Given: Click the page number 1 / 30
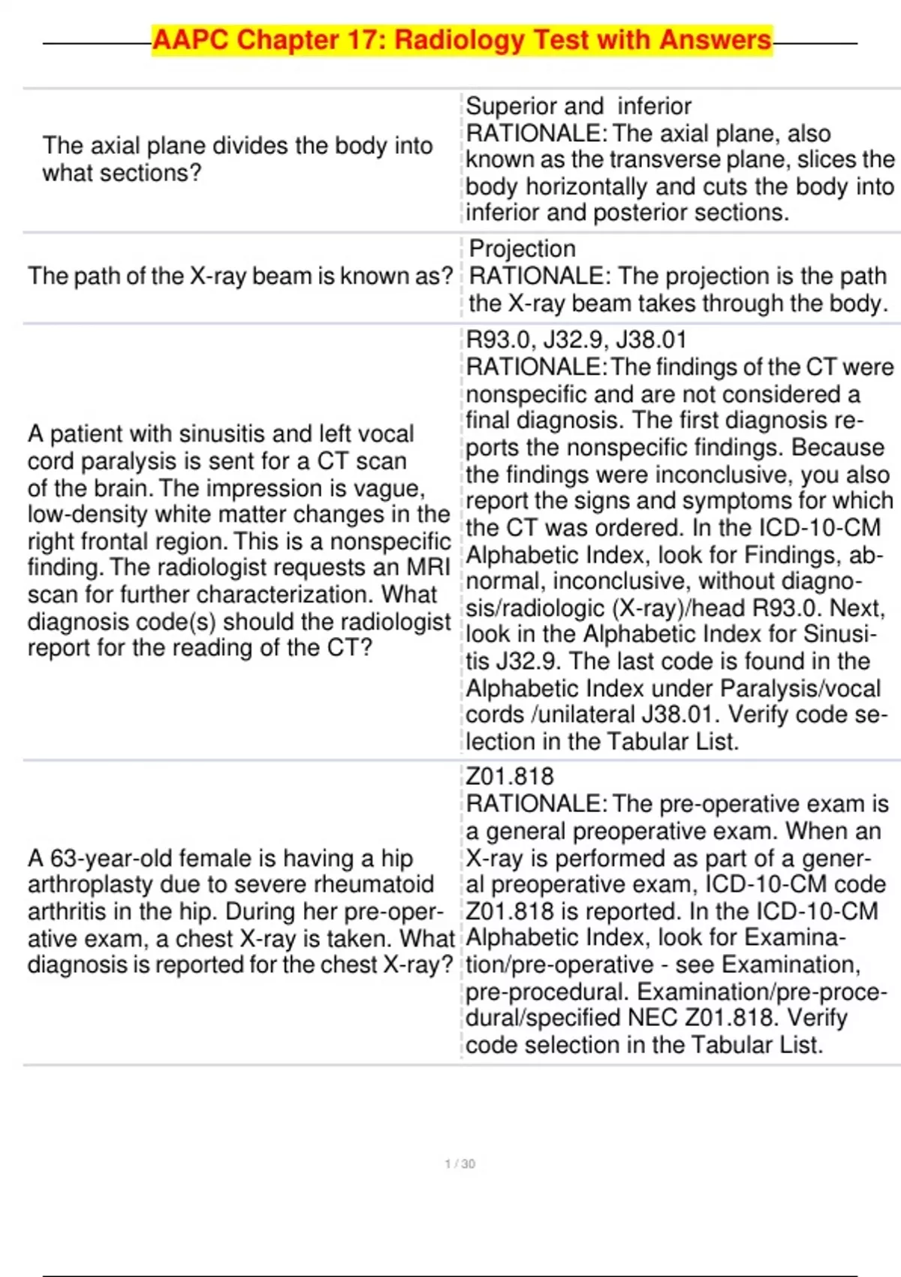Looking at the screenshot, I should click(460, 1164).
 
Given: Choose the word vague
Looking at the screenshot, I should click(391, 488).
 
